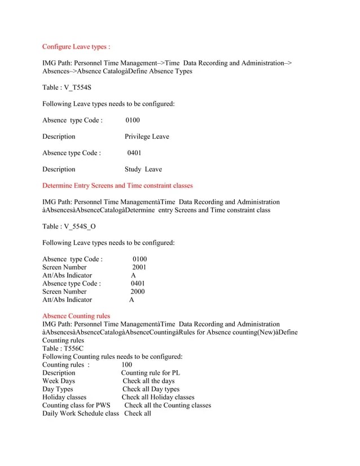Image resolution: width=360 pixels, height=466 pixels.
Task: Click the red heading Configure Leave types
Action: coord(76,47)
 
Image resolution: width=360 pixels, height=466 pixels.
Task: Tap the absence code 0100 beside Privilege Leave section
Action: coord(133,120)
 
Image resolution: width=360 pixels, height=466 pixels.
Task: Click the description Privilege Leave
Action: coord(147,137)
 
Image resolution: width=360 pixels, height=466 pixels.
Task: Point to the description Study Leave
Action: coord(143,169)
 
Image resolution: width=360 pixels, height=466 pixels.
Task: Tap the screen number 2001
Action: coord(139,267)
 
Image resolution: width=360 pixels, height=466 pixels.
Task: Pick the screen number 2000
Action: coord(138,292)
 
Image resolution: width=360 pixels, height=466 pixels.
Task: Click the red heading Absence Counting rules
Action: coord(76,316)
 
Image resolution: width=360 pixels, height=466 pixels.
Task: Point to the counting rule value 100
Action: coord(127,365)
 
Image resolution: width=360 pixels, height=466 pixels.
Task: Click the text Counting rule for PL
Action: coord(151,373)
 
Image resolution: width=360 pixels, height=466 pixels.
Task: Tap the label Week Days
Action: coord(58,381)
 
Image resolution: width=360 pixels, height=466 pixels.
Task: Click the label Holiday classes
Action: coord(64,397)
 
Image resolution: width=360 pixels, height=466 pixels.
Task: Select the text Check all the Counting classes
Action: coord(168,406)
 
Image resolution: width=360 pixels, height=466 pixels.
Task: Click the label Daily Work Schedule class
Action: coord(81,414)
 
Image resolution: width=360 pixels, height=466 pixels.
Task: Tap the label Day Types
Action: coord(58,389)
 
